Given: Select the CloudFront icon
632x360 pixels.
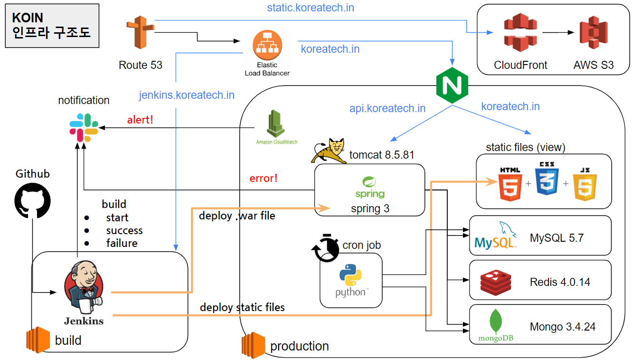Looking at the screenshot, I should [x=520, y=33].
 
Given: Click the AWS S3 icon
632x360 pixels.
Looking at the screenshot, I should [x=594, y=33].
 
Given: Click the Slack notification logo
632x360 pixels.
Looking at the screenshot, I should [x=84, y=128].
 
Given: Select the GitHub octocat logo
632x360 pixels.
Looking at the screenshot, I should [x=33, y=199].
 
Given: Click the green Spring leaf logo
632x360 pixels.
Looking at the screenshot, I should [x=370, y=183].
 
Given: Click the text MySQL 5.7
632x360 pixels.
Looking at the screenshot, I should [x=557, y=238].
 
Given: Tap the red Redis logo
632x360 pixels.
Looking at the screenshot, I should [x=496, y=282].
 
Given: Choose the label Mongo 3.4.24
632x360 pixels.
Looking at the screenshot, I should [x=563, y=327].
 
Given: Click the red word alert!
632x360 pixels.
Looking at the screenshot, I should [x=140, y=120].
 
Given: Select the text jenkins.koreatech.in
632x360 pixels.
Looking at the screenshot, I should [x=187, y=95].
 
